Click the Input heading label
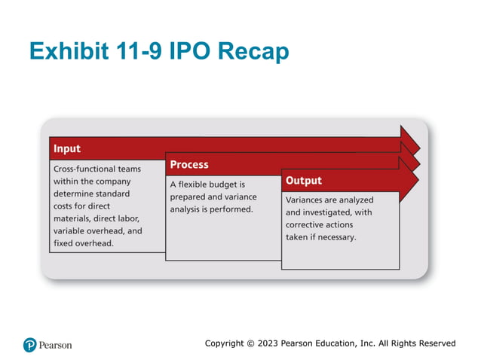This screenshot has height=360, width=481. point(67,148)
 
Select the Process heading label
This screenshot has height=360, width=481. point(189,164)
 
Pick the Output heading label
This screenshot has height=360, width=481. point(303,181)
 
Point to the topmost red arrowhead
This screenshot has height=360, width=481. point(412,141)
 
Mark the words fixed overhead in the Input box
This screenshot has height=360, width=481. point(83,243)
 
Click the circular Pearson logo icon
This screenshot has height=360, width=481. point(29,344)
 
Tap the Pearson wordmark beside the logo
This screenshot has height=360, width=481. point(57,345)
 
